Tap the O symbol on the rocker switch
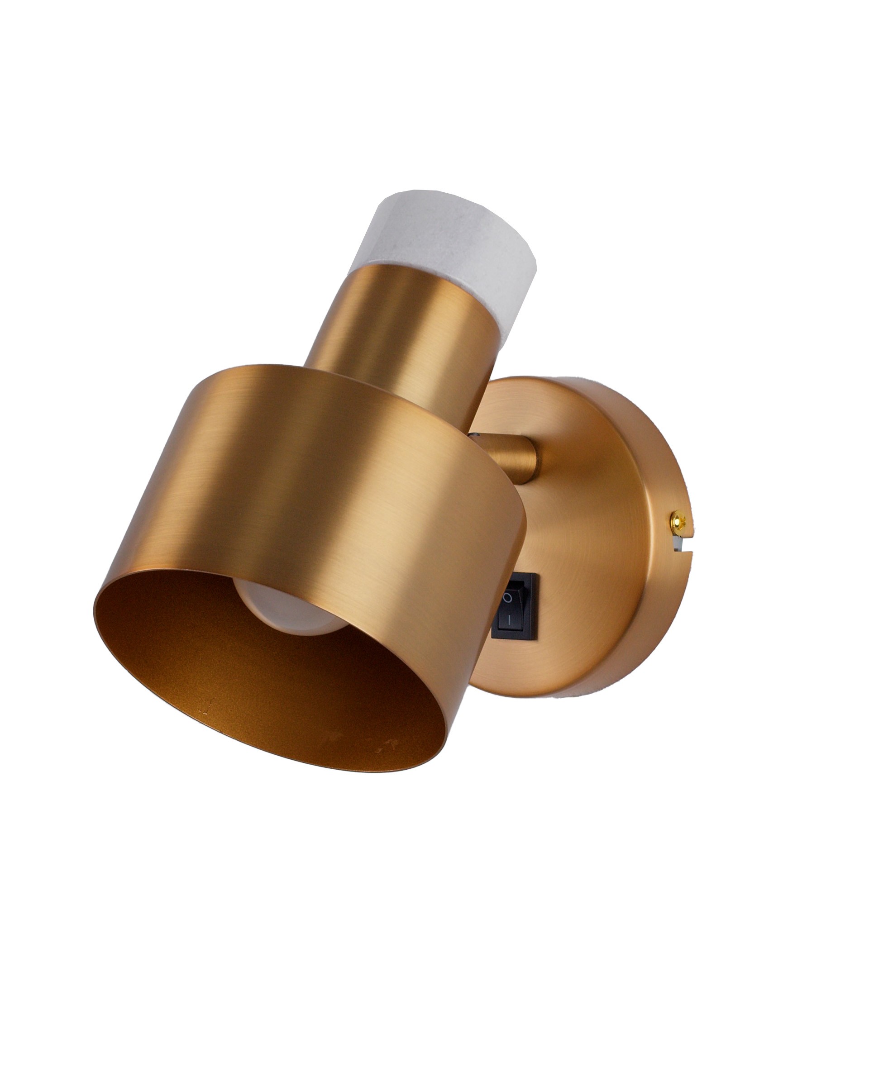coord(508,598)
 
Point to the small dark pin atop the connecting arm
coord(473,434)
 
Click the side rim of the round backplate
coord(650,629)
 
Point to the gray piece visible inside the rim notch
coord(678,544)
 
